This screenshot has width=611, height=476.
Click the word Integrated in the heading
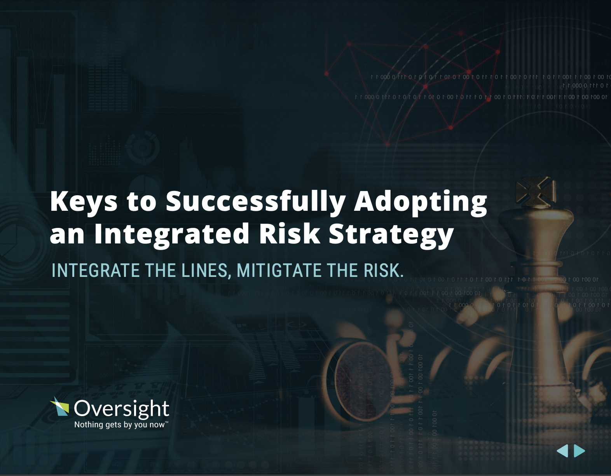coord(172,234)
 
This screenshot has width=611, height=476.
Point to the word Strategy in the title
coord(391,234)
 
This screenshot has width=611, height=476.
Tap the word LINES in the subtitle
coord(206,271)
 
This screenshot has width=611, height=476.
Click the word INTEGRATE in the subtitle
coord(96,271)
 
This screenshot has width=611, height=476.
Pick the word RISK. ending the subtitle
coord(384,271)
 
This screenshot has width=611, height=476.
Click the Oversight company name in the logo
coord(121,409)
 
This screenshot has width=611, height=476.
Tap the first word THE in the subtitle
coord(161,271)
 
